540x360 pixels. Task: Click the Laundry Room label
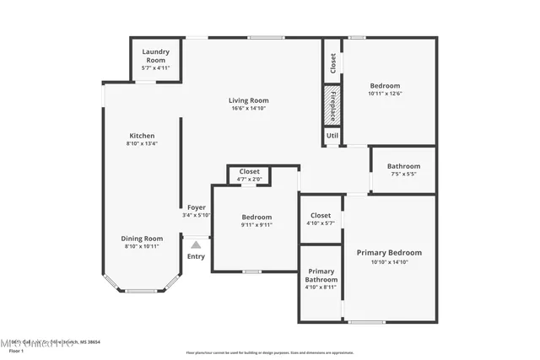[x=154, y=55]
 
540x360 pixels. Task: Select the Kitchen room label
[x=141, y=136]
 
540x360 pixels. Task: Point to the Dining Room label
[x=141, y=239]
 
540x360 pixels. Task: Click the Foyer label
[x=196, y=207]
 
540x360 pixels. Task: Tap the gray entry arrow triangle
[x=196, y=244]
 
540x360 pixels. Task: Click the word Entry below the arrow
[x=196, y=256]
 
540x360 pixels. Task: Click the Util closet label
[x=332, y=135]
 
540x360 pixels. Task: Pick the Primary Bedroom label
[x=389, y=253]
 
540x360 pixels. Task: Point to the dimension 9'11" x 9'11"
[x=256, y=225]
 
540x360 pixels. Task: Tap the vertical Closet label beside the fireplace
[x=332, y=62]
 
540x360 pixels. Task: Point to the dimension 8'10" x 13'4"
[x=141, y=143]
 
